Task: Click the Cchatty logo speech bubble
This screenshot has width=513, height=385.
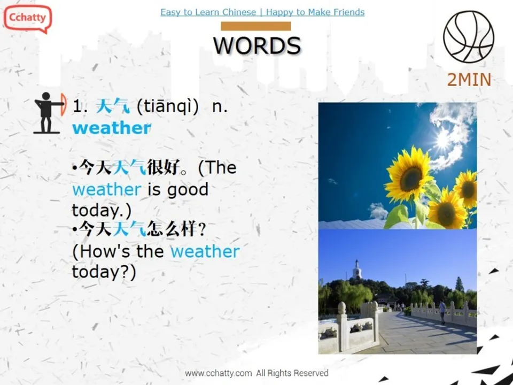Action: coord(27,18)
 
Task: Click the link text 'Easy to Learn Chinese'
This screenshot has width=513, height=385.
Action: coord(208,12)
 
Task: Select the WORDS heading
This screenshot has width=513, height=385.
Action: coord(257,45)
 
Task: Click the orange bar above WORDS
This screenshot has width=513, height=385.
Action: coord(256,26)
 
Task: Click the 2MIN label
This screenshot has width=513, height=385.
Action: coord(469,80)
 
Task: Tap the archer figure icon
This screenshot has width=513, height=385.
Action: coord(49,113)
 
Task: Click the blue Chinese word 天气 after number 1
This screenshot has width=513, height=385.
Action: coord(112,106)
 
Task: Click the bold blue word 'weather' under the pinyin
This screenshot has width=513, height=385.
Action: coord(111,128)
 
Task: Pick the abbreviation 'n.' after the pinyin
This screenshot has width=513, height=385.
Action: coord(220,106)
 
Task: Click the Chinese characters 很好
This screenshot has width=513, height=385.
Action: coord(162,168)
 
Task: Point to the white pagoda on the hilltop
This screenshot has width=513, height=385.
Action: coord(357,270)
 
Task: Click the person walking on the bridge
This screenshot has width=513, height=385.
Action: coord(442,310)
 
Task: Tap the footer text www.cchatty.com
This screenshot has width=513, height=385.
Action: coord(218,373)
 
